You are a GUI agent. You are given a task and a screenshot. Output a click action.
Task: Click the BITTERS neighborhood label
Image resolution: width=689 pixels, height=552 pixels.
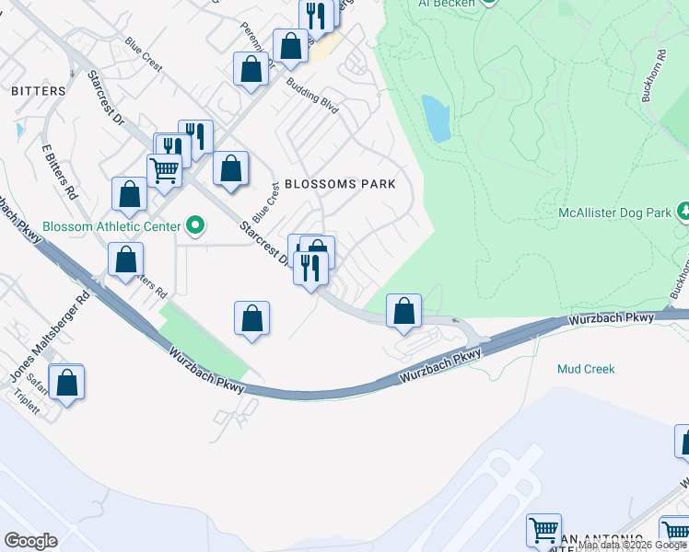pyautogui.click(x=39, y=91)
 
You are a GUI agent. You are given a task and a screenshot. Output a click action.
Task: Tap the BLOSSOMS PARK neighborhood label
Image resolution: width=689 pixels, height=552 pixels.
pyautogui.click(x=340, y=184)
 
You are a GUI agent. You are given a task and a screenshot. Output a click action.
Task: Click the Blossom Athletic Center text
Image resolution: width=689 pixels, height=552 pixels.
pyautogui.click(x=89, y=225)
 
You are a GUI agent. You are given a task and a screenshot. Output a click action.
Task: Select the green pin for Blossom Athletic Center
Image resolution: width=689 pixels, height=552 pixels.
pyautogui.click(x=194, y=224)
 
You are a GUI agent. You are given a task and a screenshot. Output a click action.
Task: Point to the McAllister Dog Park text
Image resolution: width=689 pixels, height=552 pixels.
pyautogui.click(x=614, y=213)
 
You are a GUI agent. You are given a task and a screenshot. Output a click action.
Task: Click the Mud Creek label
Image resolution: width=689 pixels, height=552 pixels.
pyautogui.click(x=586, y=369)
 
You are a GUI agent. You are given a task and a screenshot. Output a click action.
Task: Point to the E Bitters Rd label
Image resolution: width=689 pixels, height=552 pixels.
pyautogui.click(x=56, y=172)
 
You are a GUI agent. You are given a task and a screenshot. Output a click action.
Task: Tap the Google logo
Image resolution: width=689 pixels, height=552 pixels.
pyautogui.click(x=30, y=541)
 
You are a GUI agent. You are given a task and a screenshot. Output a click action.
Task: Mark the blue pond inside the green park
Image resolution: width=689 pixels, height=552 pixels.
pyautogui.click(x=436, y=118)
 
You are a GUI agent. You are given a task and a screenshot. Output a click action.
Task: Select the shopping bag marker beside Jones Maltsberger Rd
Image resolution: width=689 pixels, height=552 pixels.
pyautogui.click(x=67, y=382)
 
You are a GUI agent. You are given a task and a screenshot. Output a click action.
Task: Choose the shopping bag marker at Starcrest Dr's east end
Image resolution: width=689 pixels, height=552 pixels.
pyautogui.click(x=403, y=311)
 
